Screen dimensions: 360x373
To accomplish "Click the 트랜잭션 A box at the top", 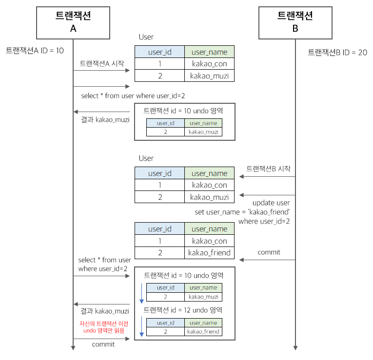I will tap(73, 22).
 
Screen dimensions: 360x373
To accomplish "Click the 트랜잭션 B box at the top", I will tap(295, 22).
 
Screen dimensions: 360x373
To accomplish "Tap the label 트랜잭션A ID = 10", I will tap(35, 50).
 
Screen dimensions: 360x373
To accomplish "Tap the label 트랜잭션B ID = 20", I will tap(337, 52).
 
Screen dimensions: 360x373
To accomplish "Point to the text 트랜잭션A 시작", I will tap(101, 63).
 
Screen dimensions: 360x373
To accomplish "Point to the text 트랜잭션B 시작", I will tap(268, 169).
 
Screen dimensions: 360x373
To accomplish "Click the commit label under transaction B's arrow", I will tap(269, 252).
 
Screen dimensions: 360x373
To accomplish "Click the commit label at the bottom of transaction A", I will tap(103, 344).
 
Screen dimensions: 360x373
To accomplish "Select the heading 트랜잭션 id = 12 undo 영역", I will tap(183, 310).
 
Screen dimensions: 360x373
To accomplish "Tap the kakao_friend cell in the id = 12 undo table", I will tap(203, 332).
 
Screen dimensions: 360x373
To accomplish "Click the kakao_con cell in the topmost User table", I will tap(210, 64).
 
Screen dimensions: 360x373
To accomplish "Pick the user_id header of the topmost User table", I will tap(159, 52).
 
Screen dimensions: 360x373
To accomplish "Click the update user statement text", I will tap(271, 203).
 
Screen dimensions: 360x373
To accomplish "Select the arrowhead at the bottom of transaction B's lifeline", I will tap(295, 347).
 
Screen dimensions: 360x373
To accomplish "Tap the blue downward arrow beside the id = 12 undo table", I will tap(141, 326).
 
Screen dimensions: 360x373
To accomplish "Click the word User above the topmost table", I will tap(146, 37).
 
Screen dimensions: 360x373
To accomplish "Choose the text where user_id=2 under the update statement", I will tap(264, 222).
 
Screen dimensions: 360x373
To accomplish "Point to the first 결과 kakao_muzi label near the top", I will tap(105, 119).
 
